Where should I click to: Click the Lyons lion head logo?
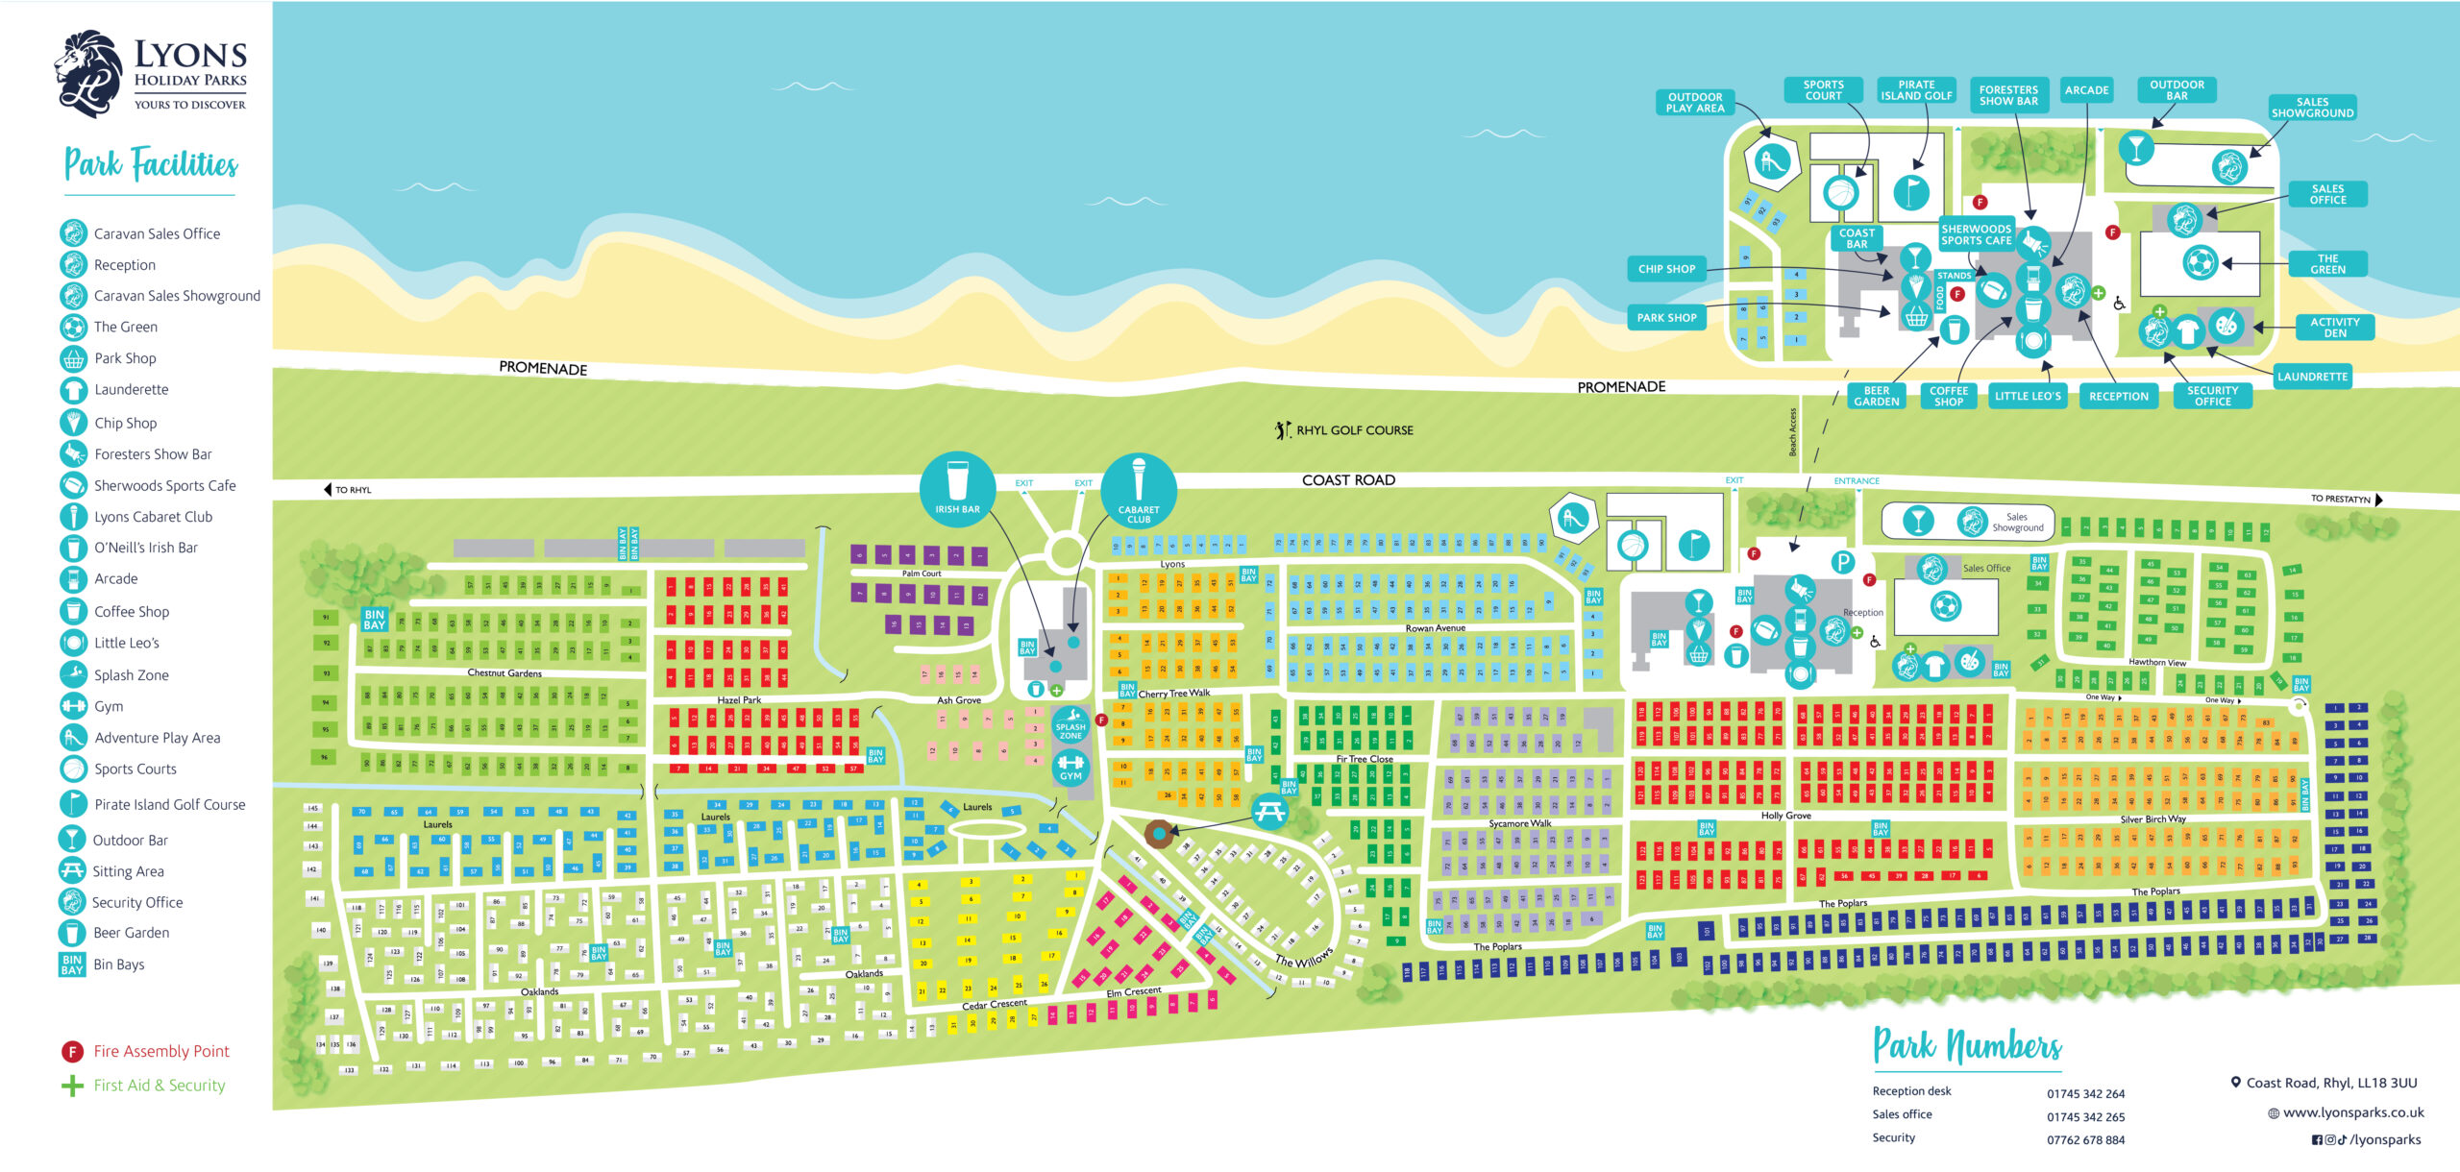[x=88, y=73]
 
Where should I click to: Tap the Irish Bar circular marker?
[x=957, y=487]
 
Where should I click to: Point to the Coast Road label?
[x=1348, y=480]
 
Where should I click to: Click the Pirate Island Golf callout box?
[x=1915, y=90]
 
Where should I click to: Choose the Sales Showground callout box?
[x=2312, y=108]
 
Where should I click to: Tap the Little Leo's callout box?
[x=2028, y=396]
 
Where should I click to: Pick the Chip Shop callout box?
[x=1666, y=269]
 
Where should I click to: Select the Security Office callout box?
[x=2212, y=396]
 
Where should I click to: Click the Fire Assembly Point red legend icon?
[x=72, y=1052]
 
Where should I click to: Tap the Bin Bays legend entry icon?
[x=72, y=964]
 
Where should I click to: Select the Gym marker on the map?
[x=1070, y=768]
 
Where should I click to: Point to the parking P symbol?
[x=1841, y=563]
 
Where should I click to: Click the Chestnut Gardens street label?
[x=504, y=672]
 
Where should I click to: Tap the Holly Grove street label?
[x=1785, y=816]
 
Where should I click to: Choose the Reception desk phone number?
[x=2085, y=1094]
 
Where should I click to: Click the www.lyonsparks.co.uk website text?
[x=2353, y=1112]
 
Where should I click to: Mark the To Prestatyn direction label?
[x=2341, y=499]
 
